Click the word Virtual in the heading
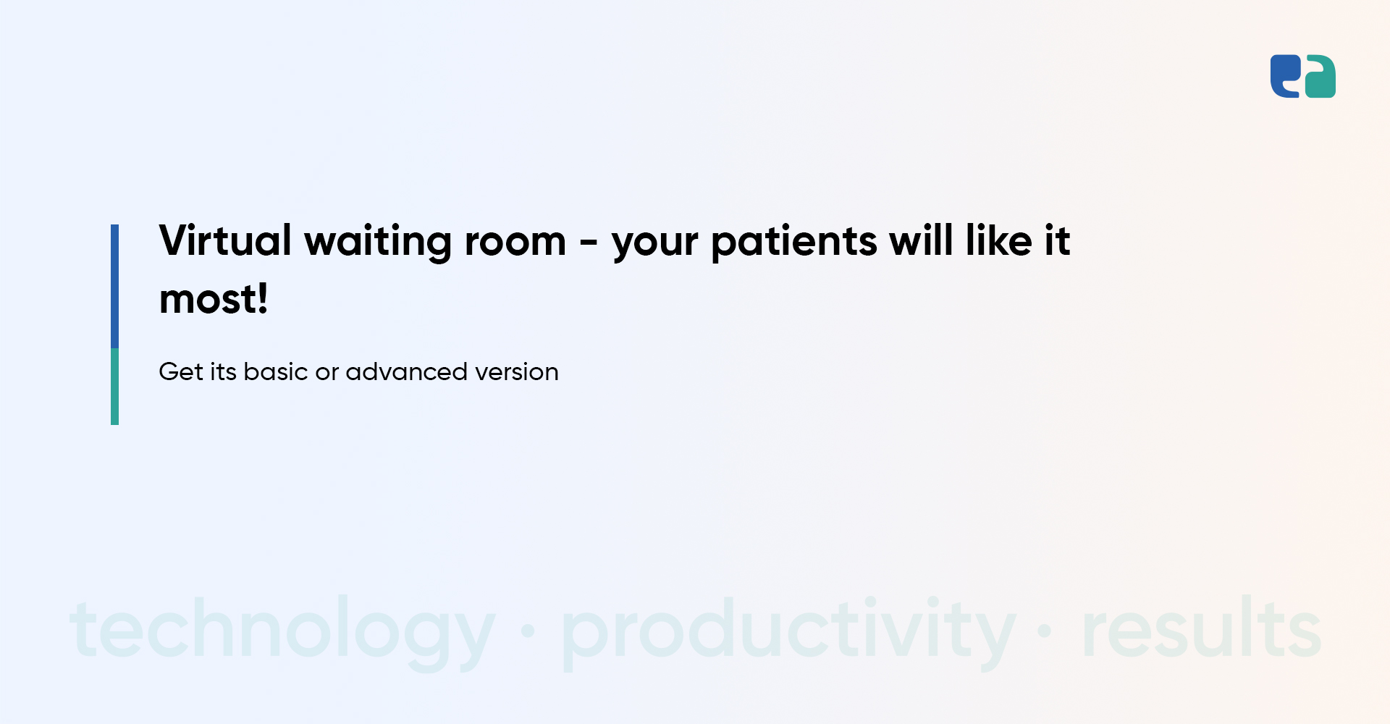225,240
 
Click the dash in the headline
589,243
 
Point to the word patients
794,243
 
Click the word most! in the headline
214,300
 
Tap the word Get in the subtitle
180,371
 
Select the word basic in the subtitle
276,371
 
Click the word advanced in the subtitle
407,371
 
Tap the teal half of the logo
1320,76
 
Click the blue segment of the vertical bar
114,286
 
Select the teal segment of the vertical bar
114,387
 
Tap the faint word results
1202,627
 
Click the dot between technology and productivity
528,631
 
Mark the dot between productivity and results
1045,631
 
